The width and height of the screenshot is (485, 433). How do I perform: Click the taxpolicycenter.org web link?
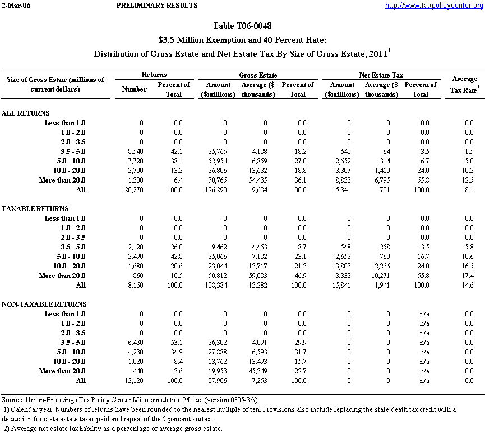[x=434, y=6]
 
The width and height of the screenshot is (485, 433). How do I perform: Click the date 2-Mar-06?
[x=16, y=6]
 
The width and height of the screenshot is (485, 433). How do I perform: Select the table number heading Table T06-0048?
[x=242, y=26]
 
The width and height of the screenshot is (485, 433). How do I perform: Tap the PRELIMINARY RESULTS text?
[x=157, y=6]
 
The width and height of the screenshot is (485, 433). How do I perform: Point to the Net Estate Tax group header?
[x=381, y=75]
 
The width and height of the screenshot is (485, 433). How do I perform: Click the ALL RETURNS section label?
[x=26, y=113]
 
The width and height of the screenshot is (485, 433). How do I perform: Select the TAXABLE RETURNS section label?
[x=35, y=209]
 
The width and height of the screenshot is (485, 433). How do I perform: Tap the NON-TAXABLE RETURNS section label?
[x=44, y=304]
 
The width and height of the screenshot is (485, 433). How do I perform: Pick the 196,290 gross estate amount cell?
[x=216, y=190]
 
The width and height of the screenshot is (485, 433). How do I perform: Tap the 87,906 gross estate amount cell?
[x=218, y=381]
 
